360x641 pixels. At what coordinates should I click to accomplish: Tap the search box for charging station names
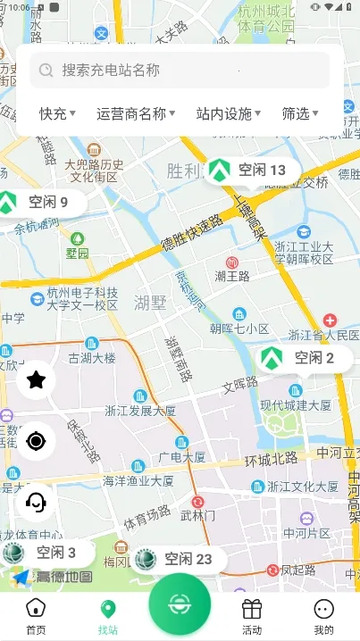click(x=179, y=70)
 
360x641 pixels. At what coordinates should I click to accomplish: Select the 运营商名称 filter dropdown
click(x=136, y=113)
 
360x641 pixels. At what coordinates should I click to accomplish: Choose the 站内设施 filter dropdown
click(x=229, y=113)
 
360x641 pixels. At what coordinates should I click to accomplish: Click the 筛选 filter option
click(x=300, y=113)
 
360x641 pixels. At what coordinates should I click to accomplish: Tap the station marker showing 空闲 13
click(x=249, y=170)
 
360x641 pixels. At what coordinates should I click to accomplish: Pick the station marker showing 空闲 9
click(x=39, y=202)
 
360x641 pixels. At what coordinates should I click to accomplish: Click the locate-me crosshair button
click(x=36, y=440)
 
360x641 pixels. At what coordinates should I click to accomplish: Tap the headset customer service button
click(x=36, y=502)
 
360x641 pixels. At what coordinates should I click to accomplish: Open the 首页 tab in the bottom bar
click(x=36, y=615)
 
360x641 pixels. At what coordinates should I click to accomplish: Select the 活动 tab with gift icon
click(x=252, y=615)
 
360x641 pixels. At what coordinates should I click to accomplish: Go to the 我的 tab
click(x=323, y=615)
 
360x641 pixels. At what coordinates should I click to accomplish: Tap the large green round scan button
click(x=180, y=604)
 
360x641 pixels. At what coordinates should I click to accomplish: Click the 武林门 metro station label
click(x=197, y=515)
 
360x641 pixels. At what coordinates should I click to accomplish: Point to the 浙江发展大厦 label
click(x=140, y=412)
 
